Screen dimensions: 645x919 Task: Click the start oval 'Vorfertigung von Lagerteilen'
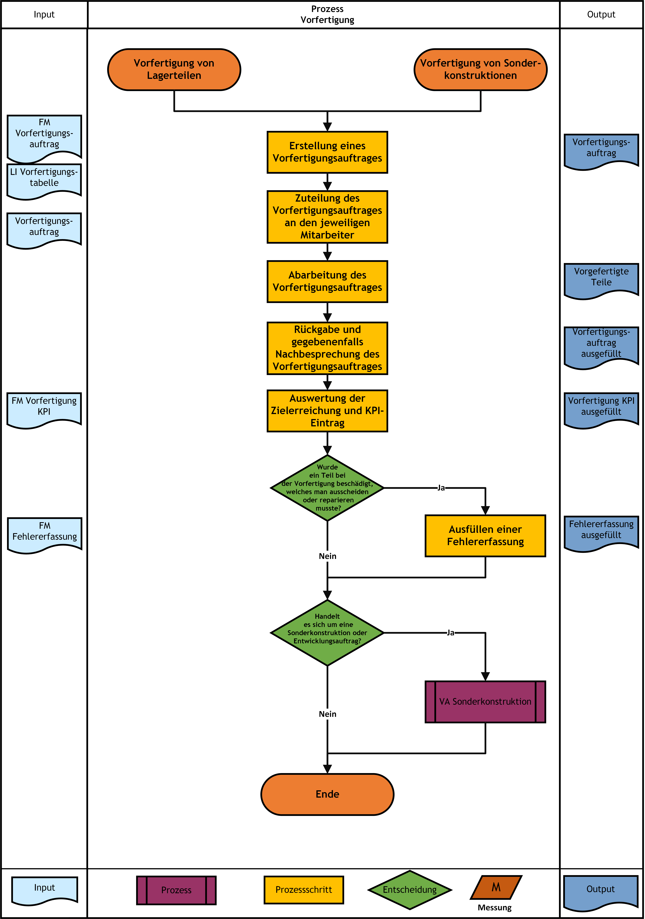tap(174, 70)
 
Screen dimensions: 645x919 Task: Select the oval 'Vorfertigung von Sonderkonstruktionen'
tap(481, 70)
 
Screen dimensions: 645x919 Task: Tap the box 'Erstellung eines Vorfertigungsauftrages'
tap(327, 152)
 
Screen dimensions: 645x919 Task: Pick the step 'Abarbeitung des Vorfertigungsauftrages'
tap(327, 281)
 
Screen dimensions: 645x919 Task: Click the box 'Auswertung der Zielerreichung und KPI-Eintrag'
tap(327, 411)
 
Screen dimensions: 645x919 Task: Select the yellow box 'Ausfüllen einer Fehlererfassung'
tap(485, 536)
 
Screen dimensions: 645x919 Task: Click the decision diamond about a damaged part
tap(327, 488)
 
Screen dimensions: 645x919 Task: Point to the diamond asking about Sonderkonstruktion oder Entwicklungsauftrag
tap(327, 633)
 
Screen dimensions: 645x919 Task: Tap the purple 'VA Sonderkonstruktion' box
tap(485, 702)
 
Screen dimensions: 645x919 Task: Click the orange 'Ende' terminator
tap(327, 795)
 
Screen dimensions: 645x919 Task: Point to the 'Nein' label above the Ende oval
tap(327, 714)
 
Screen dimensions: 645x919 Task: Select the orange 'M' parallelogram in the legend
tap(496, 887)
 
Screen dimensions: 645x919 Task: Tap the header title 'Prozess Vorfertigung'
tap(327, 14)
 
